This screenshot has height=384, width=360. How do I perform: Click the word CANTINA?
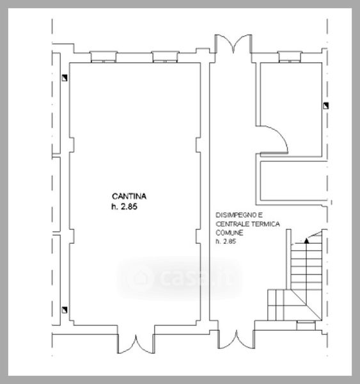129,196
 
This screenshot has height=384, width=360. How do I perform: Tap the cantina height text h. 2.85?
124,207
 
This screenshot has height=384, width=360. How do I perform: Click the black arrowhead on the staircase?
306,241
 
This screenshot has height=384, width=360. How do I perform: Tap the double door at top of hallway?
233,44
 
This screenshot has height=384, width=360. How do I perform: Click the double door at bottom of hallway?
237,339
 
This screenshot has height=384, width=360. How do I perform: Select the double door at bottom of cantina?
136,344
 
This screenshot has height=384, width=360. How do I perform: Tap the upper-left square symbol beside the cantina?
65,78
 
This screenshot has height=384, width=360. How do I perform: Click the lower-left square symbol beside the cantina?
65,310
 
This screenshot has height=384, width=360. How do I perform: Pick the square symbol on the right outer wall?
325,106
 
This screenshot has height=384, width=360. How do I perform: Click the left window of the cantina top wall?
104,57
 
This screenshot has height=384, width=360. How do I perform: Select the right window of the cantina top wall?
165,57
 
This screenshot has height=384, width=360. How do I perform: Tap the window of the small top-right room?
290,57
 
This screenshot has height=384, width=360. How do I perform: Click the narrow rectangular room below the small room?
293,180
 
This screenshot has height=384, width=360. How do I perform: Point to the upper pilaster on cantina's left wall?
72,145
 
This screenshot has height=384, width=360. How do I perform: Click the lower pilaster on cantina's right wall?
198,236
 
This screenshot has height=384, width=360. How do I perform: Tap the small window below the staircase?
306,326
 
